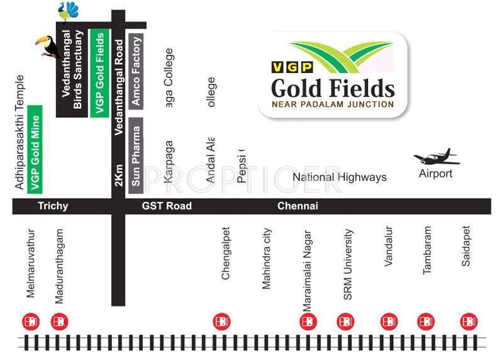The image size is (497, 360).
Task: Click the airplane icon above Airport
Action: pyautogui.click(x=435, y=157)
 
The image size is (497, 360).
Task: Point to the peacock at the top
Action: pyautogui.click(x=68, y=11)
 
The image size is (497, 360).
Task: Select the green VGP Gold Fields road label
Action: pyautogui.click(x=99, y=72)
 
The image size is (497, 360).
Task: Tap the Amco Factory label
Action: pyautogui.click(x=137, y=72)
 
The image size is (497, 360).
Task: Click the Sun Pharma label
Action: pyautogui.click(x=136, y=155)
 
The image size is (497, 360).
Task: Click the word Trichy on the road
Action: pyautogui.click(x=53, y=206)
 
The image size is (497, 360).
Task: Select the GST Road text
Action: pyautogui.click(x=167, y=206)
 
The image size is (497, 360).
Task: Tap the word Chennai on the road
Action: pyautogui.click(x=298, y=206)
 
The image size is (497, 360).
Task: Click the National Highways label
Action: pyautogui.click(x=339, y=177)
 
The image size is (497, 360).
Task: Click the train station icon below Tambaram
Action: pyautogui.click(x=426, y=322)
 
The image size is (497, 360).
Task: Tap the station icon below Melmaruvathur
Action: pyautogui.click(x=30, y=322)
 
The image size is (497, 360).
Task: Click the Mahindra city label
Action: pyautogui.click(x=266, y=258)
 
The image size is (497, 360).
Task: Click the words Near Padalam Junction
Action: pyautogui.click(x=333, y=104)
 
